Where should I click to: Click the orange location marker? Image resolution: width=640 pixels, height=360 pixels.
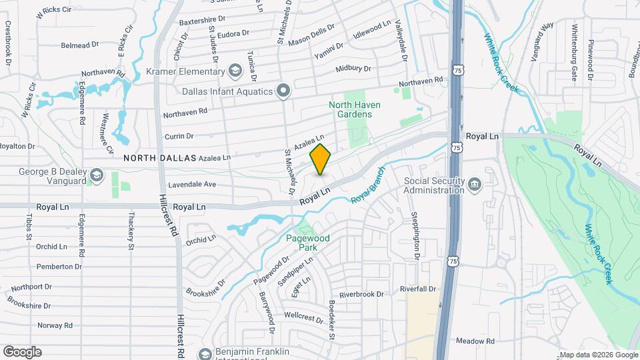[321, 159]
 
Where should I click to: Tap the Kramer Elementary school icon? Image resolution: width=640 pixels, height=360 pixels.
[235, 71]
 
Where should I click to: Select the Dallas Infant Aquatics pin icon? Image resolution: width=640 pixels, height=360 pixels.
[283, 91]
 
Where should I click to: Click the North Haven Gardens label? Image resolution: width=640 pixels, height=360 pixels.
[350, 109]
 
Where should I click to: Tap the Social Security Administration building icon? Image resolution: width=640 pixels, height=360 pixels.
[474, 184]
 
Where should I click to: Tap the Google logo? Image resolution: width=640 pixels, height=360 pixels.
[21, 351]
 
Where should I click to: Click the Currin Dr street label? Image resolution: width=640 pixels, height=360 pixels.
[178, 136]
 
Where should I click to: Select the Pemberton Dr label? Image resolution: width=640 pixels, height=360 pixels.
[59, 266]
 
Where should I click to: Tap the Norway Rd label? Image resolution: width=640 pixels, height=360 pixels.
[55, 325]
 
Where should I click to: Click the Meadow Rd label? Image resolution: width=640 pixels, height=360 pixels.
[475, 341]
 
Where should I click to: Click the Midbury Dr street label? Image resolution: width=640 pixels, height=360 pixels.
[353, 69]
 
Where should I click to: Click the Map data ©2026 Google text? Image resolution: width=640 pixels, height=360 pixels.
[597, 355]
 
